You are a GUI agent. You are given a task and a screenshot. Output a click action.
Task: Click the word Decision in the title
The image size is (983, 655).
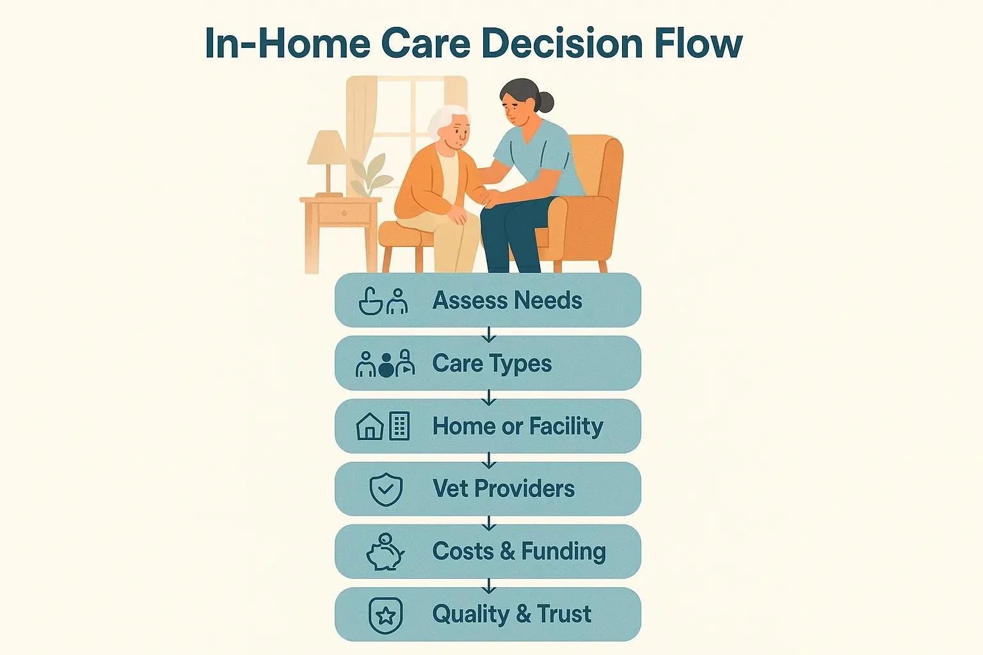(562, 43)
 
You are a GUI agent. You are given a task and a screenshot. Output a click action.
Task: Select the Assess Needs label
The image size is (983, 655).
(507, 300)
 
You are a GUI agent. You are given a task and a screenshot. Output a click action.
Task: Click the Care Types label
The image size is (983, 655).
(491, 363)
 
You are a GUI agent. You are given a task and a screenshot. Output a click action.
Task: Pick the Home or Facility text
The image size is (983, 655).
(517, 426)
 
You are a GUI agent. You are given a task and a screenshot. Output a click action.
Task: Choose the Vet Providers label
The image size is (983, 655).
(503, 489)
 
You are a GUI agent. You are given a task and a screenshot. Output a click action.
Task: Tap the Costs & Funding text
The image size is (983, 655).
(518, 551)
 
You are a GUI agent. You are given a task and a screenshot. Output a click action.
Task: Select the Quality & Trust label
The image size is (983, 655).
(511, 614)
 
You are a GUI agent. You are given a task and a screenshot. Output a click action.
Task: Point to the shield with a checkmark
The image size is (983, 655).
(386, 489)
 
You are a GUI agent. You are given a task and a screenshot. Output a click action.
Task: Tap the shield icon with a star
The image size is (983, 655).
(385, 615)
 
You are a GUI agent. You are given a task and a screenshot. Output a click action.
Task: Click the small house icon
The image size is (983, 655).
(370, 427)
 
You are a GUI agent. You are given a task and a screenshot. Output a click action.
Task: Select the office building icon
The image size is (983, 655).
(399, 425)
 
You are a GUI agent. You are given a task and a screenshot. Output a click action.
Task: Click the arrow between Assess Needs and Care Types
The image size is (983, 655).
(489, 334)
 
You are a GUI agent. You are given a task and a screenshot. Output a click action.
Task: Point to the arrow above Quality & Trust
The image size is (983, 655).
(489, 585)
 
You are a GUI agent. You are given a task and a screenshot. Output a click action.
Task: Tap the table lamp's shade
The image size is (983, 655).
(328, 148)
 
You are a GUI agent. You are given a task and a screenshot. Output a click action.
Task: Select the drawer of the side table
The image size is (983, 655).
(343, 213)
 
